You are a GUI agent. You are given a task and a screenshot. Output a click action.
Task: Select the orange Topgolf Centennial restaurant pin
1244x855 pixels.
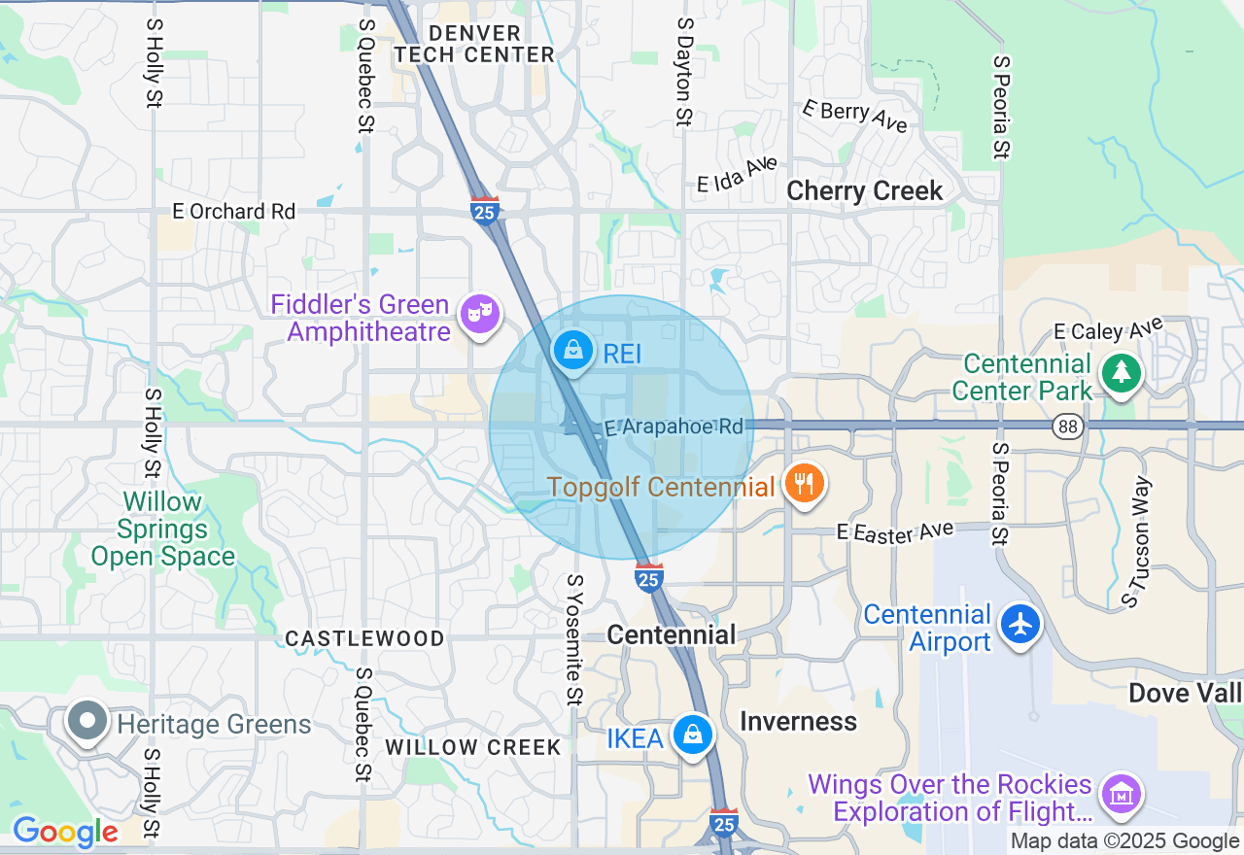(x=804, y=484)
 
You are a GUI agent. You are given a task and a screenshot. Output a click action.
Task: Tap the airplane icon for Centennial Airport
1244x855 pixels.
(x=1020, y=625)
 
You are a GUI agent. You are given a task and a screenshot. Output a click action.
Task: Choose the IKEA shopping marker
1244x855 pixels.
(x=692, y=735)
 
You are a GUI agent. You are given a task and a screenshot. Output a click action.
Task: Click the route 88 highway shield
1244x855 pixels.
(x=1068, y=426)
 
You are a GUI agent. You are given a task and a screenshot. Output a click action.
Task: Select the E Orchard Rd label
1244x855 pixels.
(x=233, y=211)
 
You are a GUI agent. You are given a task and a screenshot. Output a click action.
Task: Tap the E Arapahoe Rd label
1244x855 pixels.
(x=674, y=427)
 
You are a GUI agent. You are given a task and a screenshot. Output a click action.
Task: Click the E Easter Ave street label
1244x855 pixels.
(x=895, y=531)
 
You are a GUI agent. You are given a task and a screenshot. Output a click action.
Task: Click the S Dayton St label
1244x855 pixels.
(x=683, y=71)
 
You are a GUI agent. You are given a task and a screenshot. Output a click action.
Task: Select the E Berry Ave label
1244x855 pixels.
(x=854, y=117)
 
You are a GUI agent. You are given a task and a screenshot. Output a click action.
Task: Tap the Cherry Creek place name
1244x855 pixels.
(x=864, y=190)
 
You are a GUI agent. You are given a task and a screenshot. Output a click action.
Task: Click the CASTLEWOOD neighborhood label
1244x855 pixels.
(x=364, y=638)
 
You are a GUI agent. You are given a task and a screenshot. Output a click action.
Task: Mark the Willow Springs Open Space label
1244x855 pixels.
(x=162, y=530)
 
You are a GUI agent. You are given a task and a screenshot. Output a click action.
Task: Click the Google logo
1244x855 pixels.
(x=64, y=832)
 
